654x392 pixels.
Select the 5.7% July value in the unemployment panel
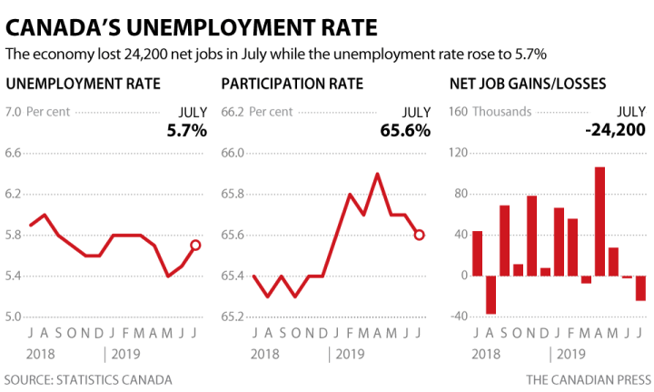pyautogui.click(x=186, y=130)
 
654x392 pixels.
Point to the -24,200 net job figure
pyautogui.click(x=615, y=130)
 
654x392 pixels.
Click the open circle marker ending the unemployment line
pyautogui.click(x=195, y=245)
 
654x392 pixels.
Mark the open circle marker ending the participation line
pyautogui.click(x=419, y=235)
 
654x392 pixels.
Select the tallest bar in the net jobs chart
pyautogui.click(x=599, y=221)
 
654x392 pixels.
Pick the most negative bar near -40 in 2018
pyautogui.click(x=491, y=295)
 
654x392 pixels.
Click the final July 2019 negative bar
pyautogui.click(x=640, y=287)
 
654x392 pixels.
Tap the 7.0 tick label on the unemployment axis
pyautogui.click(x=14, y=113)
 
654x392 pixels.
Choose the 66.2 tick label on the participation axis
pyautogui.click(x=233, y=113)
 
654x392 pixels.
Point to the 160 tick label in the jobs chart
pyautogui.click(x=459, y=113)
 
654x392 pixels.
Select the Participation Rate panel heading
pyautogui.click(x=292, y=85)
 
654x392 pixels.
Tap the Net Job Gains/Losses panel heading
pyautogui.click(x=530, y=85)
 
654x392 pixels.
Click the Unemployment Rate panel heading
pyautogui.click(x=84, y=85)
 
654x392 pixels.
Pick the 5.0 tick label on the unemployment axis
pyautogui.click(x=14, y=317)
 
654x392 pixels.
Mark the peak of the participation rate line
pyautogui.click(x=376, y=174)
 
